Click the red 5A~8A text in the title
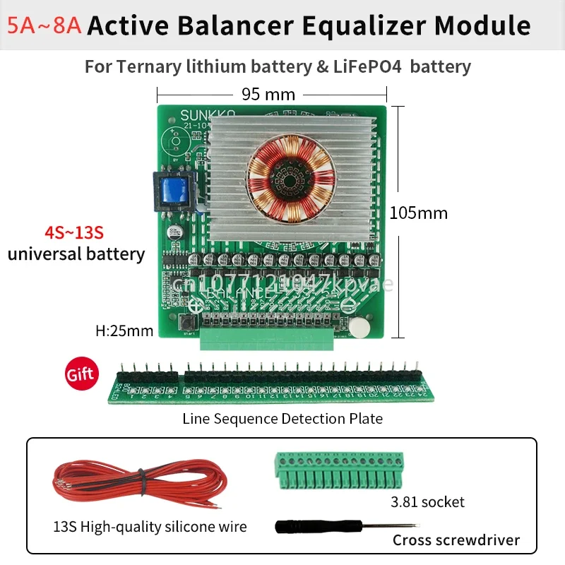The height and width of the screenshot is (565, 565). [44, 26]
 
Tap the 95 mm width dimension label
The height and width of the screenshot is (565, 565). [268, 93]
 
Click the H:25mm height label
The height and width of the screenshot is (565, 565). [124, 329]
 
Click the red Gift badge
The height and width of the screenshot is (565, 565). [80, 374]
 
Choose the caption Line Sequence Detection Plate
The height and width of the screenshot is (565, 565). [282, 418]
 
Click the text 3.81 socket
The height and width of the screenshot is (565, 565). [428, 502]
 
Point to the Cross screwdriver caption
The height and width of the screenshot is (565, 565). [456, 540]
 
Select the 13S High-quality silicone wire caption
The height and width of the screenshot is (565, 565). [150, 527]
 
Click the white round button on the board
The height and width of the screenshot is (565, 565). [360, 326]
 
